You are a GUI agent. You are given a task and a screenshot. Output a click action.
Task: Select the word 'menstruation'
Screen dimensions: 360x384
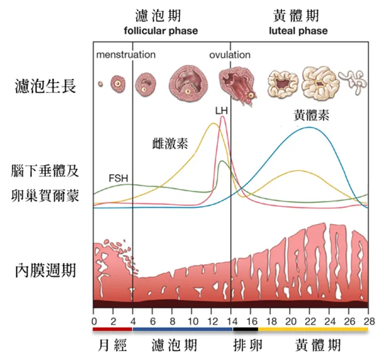tap(126, 55)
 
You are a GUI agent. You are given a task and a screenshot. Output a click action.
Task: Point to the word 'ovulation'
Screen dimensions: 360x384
tap(229, 55)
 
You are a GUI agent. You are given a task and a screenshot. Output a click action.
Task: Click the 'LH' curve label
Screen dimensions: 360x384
tap(221, 110)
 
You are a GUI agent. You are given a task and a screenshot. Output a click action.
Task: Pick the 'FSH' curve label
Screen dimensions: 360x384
tap(118, 177)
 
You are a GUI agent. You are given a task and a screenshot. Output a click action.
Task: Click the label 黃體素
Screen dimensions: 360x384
tap(311, 116)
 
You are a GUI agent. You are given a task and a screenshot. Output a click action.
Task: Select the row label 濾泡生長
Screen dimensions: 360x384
tap(46, 87)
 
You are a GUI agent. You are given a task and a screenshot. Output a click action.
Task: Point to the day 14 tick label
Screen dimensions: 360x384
tap(231, 321)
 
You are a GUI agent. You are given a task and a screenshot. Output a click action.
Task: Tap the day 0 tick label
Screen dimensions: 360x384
tap(94, 321)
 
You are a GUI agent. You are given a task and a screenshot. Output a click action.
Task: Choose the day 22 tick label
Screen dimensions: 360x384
tap(310, 321)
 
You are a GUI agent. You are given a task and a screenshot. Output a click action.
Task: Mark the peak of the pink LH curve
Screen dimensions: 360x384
tap(222, 117)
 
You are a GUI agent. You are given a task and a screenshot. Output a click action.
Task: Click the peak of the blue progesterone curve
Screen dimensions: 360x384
tap(308, 127)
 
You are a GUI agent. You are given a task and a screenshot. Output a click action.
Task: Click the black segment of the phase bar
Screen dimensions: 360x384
tap(244, 329)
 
